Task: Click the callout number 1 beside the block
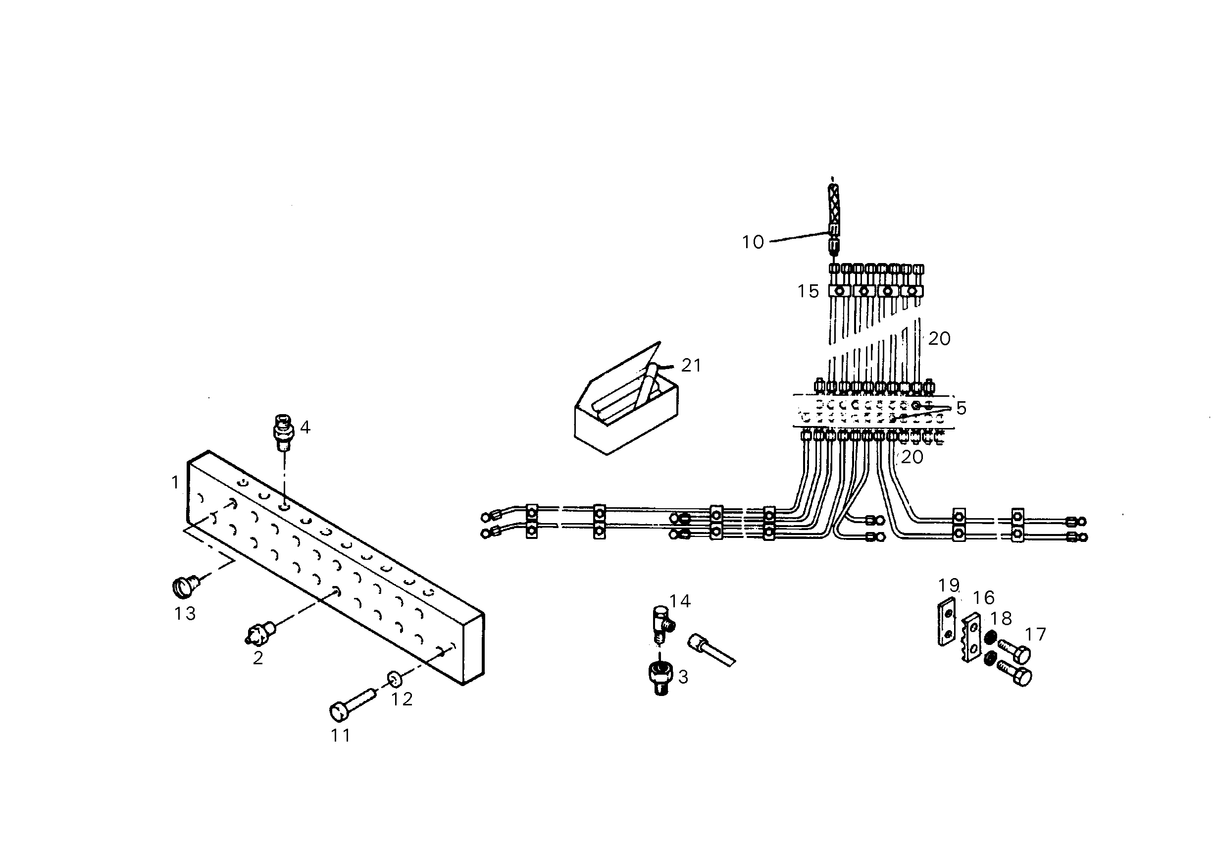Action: (x=175, y=482)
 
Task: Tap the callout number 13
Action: (x=185, y=613)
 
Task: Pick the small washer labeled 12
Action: (x=394, y=678)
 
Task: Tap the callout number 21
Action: (x=691, y=365)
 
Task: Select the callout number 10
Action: (x=753, y=242)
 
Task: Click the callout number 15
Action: (x=808, y=291)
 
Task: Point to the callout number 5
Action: (x=961, y=408)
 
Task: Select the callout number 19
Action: (x=949, y=586)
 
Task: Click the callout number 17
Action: (x=1035, y=634)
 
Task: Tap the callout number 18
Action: (x=1001, y=618)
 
